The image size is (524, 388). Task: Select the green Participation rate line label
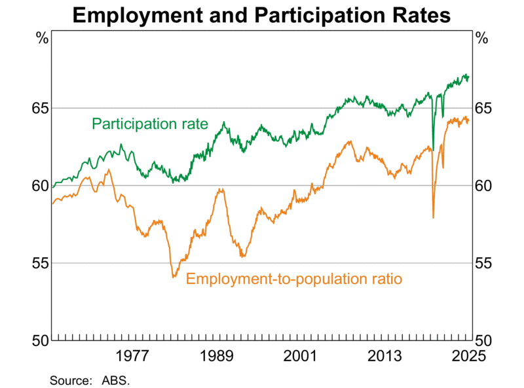149,123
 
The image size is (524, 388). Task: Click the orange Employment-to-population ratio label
293,279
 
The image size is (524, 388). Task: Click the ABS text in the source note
116,379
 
